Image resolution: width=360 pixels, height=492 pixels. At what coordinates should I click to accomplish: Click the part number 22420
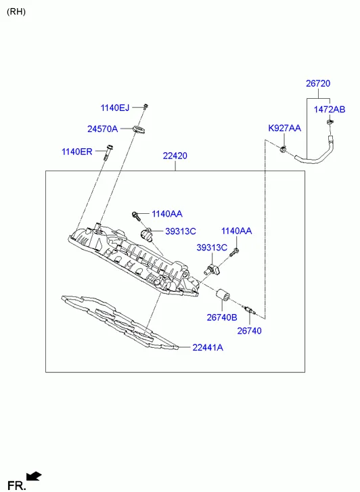tap(175, 156)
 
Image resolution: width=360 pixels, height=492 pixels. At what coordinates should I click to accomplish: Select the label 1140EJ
tap(115, 108)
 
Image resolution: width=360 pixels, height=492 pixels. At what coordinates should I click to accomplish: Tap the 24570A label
tap(103, 129)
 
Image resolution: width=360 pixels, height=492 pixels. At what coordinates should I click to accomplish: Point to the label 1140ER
tap(77, 152)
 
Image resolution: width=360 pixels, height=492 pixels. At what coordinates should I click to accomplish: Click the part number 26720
tap(318, 83)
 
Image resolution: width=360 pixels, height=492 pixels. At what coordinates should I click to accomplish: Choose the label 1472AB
tap(330, 110)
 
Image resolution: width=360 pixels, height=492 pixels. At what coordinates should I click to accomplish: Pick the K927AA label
tap(284, 128)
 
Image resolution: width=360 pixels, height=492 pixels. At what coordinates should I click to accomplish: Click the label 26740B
tap(222, 317)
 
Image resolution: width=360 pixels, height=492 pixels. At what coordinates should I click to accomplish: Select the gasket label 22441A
tap(208, 347)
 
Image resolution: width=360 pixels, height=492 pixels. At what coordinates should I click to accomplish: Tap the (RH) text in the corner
tap(16, 12)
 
